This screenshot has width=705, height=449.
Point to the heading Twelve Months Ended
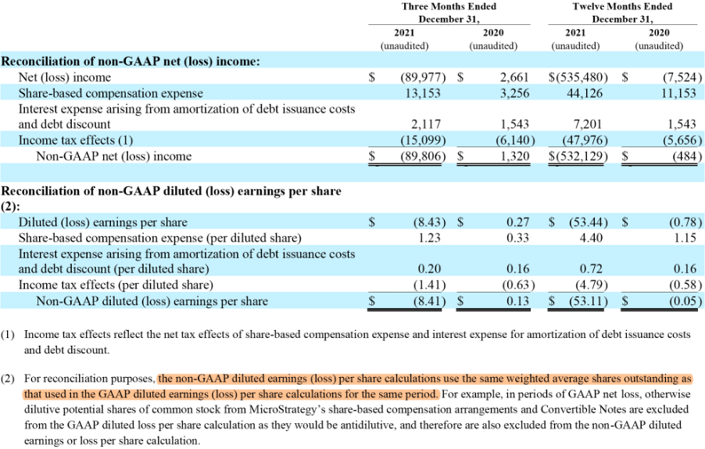click(622, 6)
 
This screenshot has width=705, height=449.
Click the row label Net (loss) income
click(65, 77)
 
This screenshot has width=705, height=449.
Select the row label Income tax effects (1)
click(76, 140)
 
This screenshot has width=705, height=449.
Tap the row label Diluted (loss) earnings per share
click(102, 222)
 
